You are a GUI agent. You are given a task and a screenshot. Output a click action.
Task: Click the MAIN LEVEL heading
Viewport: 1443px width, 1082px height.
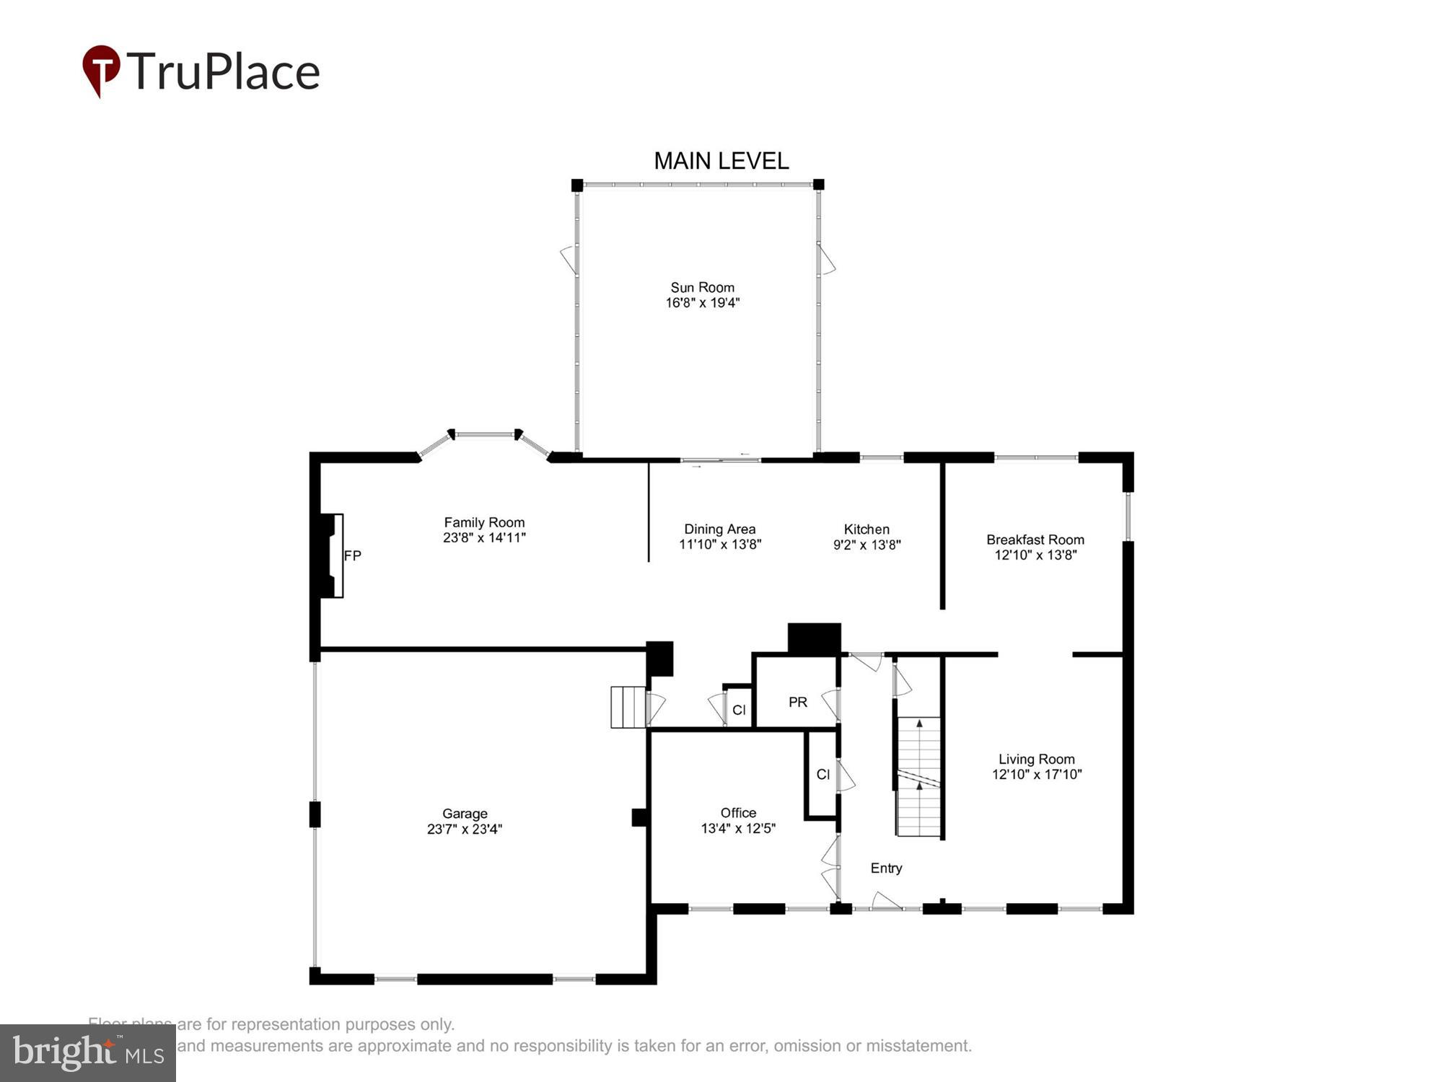721,161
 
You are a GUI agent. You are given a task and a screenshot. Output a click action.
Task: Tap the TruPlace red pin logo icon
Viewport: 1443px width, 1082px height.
101,70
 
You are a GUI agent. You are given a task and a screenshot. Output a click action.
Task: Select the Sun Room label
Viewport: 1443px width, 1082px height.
702,287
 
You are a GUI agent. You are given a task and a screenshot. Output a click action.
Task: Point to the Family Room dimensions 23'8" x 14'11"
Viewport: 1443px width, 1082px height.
484,537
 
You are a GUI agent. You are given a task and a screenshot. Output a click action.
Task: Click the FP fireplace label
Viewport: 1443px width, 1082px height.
352,555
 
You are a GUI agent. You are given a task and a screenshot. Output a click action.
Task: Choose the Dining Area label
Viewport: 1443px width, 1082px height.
719,529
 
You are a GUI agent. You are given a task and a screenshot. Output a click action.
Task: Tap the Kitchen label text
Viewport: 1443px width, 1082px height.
867,529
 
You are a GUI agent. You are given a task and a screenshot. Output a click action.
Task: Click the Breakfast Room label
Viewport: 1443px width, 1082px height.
1035,540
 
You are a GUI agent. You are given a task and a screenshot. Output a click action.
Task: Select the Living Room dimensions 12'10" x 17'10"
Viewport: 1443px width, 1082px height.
1037,774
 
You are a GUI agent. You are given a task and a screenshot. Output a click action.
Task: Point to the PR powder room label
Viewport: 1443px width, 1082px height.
797,702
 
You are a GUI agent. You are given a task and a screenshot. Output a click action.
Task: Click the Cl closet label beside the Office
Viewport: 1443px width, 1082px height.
823,774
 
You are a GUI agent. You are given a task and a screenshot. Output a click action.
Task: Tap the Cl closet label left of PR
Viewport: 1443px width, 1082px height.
739,710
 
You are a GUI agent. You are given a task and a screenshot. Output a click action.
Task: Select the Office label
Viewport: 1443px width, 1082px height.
738,812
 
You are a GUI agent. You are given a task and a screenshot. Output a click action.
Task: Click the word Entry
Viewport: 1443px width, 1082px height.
886,868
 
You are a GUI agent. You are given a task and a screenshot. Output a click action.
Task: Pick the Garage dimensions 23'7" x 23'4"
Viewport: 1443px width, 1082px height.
464,829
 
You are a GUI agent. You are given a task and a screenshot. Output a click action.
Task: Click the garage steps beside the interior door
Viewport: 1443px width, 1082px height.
627,707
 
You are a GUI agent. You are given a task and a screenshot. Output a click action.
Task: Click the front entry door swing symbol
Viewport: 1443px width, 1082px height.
886,901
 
